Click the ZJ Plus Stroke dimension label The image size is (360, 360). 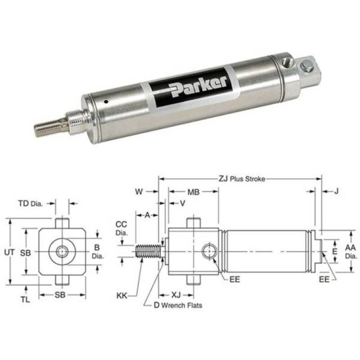click(x=241, y=178)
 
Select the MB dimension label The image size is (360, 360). click(x=192, y=192)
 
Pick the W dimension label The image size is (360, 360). click(x=139, y=191)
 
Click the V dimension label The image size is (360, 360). click(x=181, y=202)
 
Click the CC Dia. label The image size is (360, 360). click(x=122, y=228)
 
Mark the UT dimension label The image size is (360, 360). click(x=9, y=252)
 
